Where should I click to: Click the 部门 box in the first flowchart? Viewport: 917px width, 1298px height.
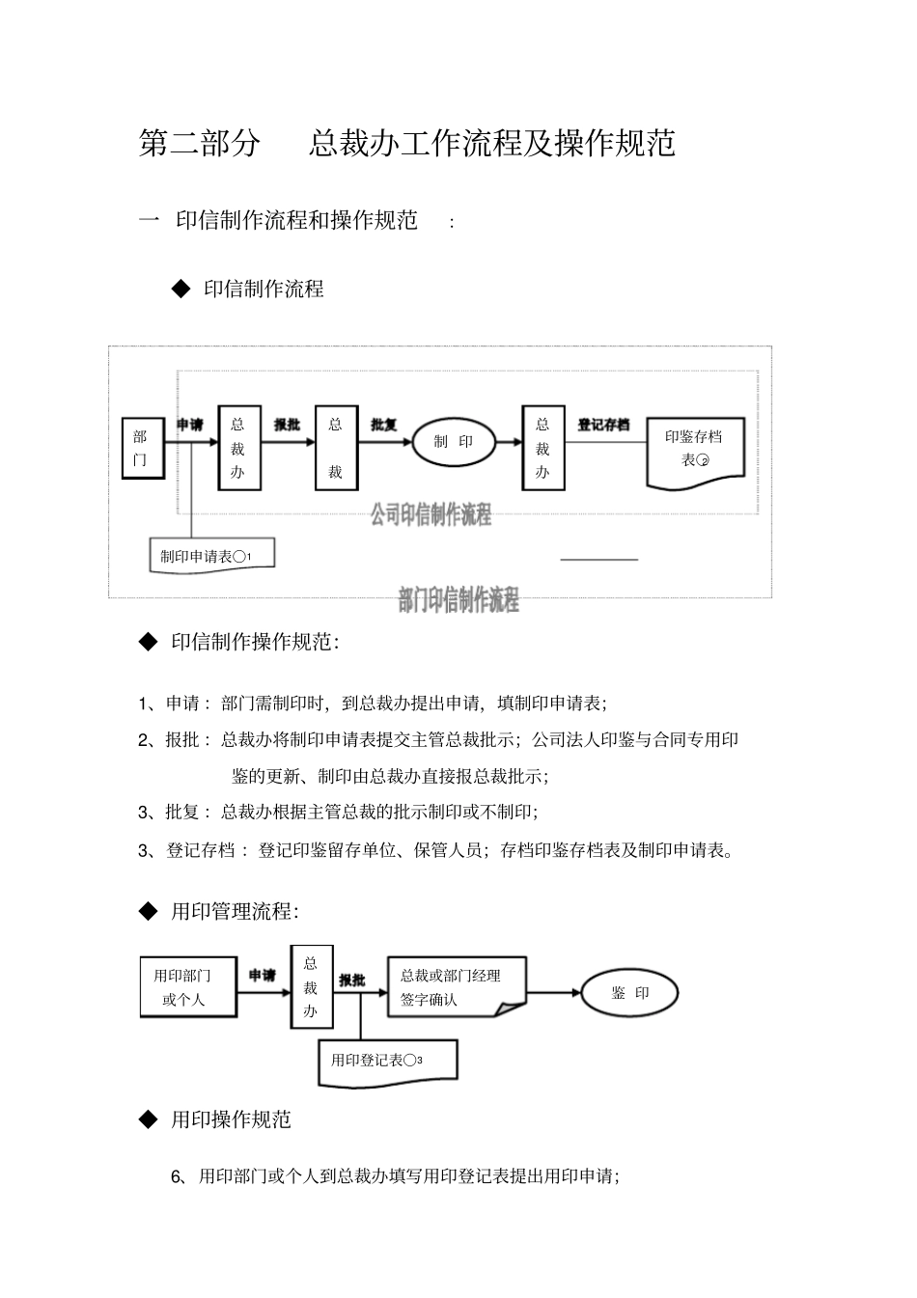point(142,449)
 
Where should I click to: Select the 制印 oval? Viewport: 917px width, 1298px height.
point(454,442)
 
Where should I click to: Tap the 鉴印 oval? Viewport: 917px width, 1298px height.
point(630,993)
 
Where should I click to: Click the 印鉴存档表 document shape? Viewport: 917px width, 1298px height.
point(694,450)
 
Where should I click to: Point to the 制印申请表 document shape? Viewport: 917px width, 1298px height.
point(211,556)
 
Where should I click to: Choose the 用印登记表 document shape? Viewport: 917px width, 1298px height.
point(387,1061)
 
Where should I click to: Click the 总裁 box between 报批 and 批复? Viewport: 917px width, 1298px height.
point(336,448)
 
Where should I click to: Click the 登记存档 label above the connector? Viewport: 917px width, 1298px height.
point(603,425)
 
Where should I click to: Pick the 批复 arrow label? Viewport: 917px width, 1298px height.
point(384,425)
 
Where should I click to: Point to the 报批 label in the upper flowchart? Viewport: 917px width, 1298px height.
point(287,425)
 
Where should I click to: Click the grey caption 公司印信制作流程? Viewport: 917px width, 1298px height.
point(431,514)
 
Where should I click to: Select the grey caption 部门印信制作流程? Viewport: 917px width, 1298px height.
point(458,600)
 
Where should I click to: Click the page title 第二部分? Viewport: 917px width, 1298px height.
point(200,143)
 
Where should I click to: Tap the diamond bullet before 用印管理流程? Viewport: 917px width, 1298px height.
point(148,910)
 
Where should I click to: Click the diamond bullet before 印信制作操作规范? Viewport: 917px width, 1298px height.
point(148,641)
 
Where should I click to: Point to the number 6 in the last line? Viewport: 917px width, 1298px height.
point(177,1176)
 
